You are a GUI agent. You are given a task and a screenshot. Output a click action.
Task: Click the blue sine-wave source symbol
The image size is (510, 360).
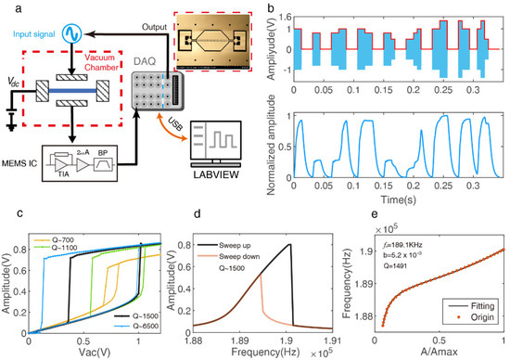(x=70, y=33)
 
